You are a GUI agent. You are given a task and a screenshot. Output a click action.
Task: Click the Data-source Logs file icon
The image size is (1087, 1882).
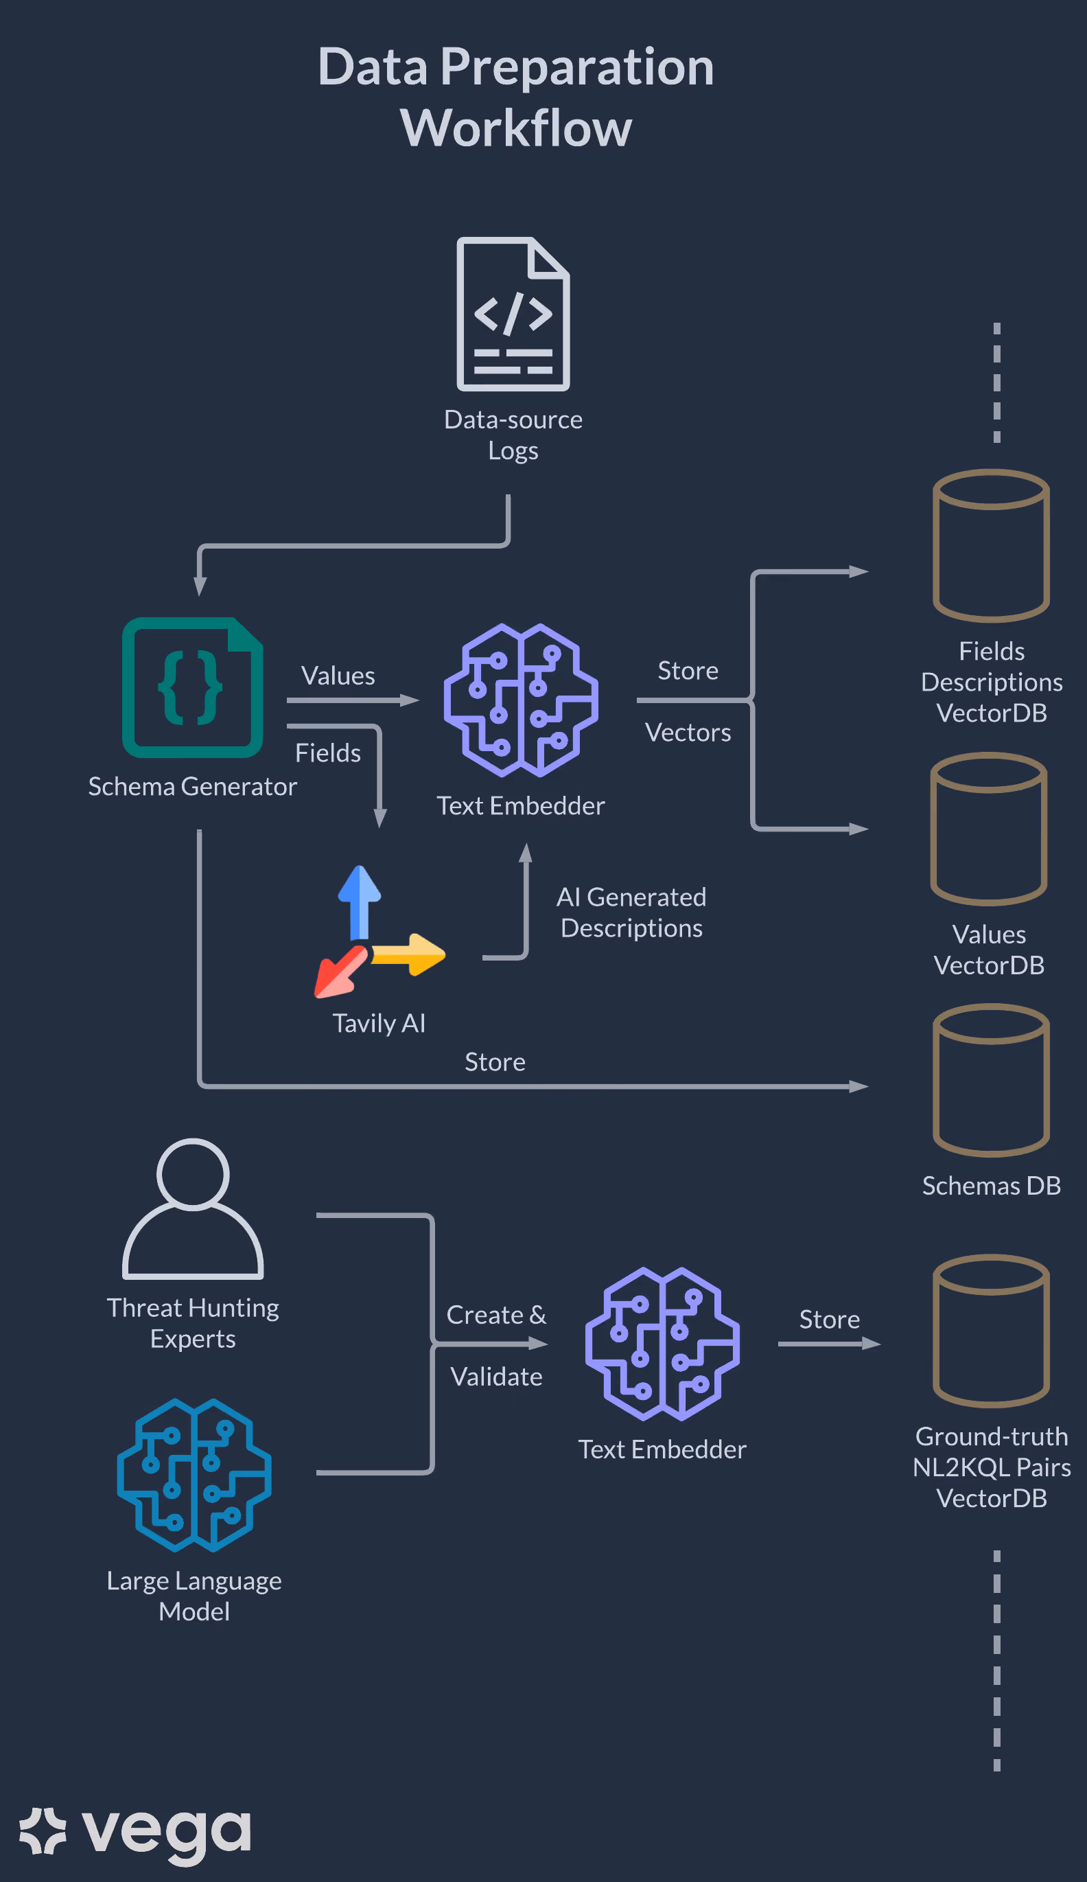(x=513, y=314)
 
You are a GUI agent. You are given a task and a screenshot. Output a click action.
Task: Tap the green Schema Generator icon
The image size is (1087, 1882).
(x=193, y=687)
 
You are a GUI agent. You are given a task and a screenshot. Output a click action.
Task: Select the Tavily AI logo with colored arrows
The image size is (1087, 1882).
(x=379, y=931)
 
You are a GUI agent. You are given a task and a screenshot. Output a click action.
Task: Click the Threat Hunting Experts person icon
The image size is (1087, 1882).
(x=193, y=1208)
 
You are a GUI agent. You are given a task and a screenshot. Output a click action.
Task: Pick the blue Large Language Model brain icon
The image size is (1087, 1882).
(x=194, y=1475)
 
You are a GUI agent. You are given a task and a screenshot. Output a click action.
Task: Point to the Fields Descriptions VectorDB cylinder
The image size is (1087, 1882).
(x=992, y=545)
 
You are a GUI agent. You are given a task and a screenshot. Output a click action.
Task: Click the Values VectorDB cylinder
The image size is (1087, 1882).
(x=988, y=829)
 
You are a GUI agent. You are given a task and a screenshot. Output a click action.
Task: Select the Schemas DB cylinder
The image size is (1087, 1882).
(x=992, y=1080)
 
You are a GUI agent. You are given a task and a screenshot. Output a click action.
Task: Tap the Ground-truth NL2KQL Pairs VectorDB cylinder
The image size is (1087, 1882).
(x=992, y=1331)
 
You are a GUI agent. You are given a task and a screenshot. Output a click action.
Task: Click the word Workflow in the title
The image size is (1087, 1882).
(x=516, y=128)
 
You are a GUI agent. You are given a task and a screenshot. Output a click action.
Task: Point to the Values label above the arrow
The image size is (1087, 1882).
(x=338, y=676)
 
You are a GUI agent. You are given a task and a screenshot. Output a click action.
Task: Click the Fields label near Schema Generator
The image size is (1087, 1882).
(x=328, y=753)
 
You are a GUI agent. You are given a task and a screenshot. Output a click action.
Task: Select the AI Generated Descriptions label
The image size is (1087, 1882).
(x=631, y=912)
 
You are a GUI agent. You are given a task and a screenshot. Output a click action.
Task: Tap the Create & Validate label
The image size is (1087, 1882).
(x=496, y=1345)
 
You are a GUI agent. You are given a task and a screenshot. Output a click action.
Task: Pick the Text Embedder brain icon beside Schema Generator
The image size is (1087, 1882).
(x=521, y=700)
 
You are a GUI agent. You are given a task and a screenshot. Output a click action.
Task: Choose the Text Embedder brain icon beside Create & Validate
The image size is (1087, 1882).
(x=662, y=1344)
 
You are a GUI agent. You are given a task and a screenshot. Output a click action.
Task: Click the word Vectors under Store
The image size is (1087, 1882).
(x=688, y=733)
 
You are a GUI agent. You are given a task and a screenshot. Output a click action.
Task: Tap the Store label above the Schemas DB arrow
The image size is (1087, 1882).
(x=495, y=1062)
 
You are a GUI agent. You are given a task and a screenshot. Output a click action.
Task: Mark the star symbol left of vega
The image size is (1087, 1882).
(x=43, y=1831)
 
